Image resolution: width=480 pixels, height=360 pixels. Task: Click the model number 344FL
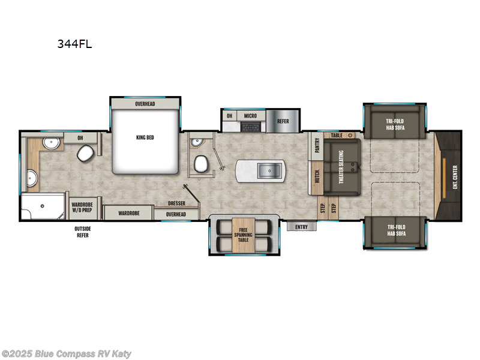[74, 44]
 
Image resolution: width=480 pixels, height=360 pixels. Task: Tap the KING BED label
[145, 137]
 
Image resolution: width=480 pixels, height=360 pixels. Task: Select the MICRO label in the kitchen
[248, 115]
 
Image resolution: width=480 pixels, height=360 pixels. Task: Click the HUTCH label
[316, 177]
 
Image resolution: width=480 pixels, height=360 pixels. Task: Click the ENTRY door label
[301, 227]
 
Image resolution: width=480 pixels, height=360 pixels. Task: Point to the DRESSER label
[176, 204]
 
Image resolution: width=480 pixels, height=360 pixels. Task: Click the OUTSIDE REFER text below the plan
[82, 232]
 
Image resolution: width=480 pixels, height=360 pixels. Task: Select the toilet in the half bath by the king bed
[201, 163]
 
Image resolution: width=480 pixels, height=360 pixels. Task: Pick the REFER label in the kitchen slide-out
[283, 121]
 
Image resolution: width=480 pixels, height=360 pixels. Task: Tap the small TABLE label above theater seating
[336, 136]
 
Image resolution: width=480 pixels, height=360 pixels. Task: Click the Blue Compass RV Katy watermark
[67, 354]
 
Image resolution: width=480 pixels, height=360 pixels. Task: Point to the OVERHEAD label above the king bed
[145, 104]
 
